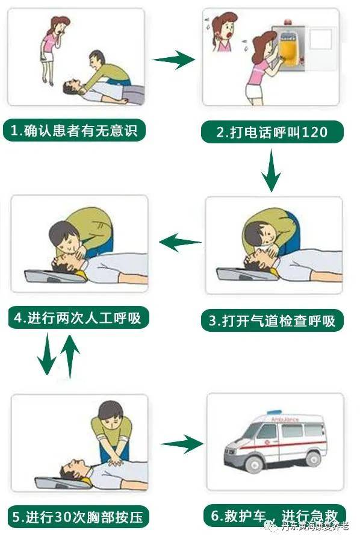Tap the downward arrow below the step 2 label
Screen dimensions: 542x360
[x=272, y=170]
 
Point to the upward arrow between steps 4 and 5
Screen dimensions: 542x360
[x=70, y=355]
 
